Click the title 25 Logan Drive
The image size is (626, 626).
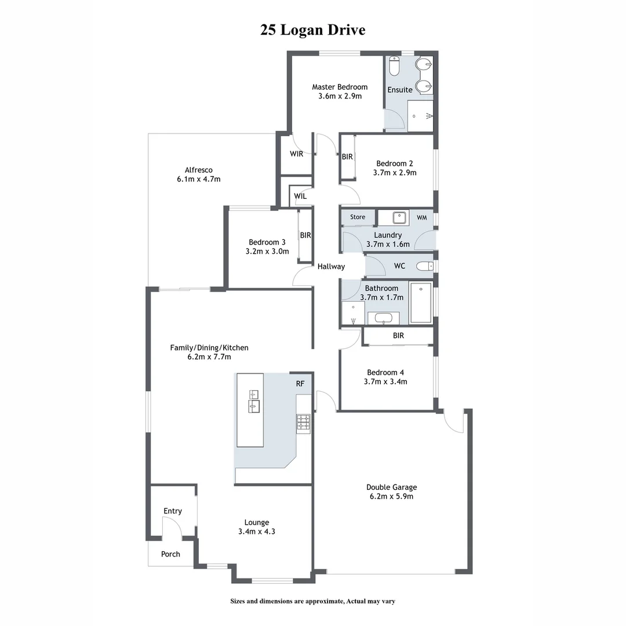(313, 30)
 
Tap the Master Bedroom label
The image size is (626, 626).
(340, 87)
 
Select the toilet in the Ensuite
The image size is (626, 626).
(394, 66)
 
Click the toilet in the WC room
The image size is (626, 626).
(426, 266)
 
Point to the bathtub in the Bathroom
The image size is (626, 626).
(421, 303)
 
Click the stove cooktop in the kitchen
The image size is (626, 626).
(304, 423)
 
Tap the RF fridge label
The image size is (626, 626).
(300, 383)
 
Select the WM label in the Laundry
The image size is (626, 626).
(421, 217)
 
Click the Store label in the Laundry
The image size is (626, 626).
(358, 217)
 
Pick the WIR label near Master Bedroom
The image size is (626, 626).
(297, 154)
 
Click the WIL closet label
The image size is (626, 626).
(300, 196)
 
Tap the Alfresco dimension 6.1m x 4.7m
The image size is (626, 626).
(199, 179)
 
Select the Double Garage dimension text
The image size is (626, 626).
(391, 496)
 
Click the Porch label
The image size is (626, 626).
(170, 554)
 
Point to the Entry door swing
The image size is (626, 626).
(172, 527)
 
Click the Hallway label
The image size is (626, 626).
(331, 267)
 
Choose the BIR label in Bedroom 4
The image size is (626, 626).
(398, 336)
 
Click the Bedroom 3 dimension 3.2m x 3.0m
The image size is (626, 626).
(267, 252)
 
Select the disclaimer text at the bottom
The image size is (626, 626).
(313, 601)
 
